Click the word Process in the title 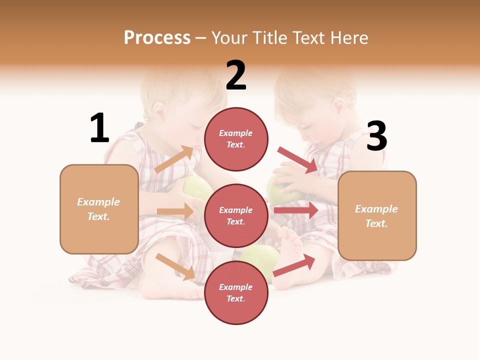point(157,38)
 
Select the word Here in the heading point(348,38)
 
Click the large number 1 point(99,128)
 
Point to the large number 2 point(236,75)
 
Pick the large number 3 point(376,136)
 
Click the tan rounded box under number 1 point(99,209)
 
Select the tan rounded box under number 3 point(377,215)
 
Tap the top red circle point(236,139)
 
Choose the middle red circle point(236,215)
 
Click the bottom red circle point(236,292)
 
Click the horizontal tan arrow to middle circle point(175,211)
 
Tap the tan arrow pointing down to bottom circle point(175,266)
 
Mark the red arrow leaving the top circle point(297,160)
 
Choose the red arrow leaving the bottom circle point(294,265)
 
